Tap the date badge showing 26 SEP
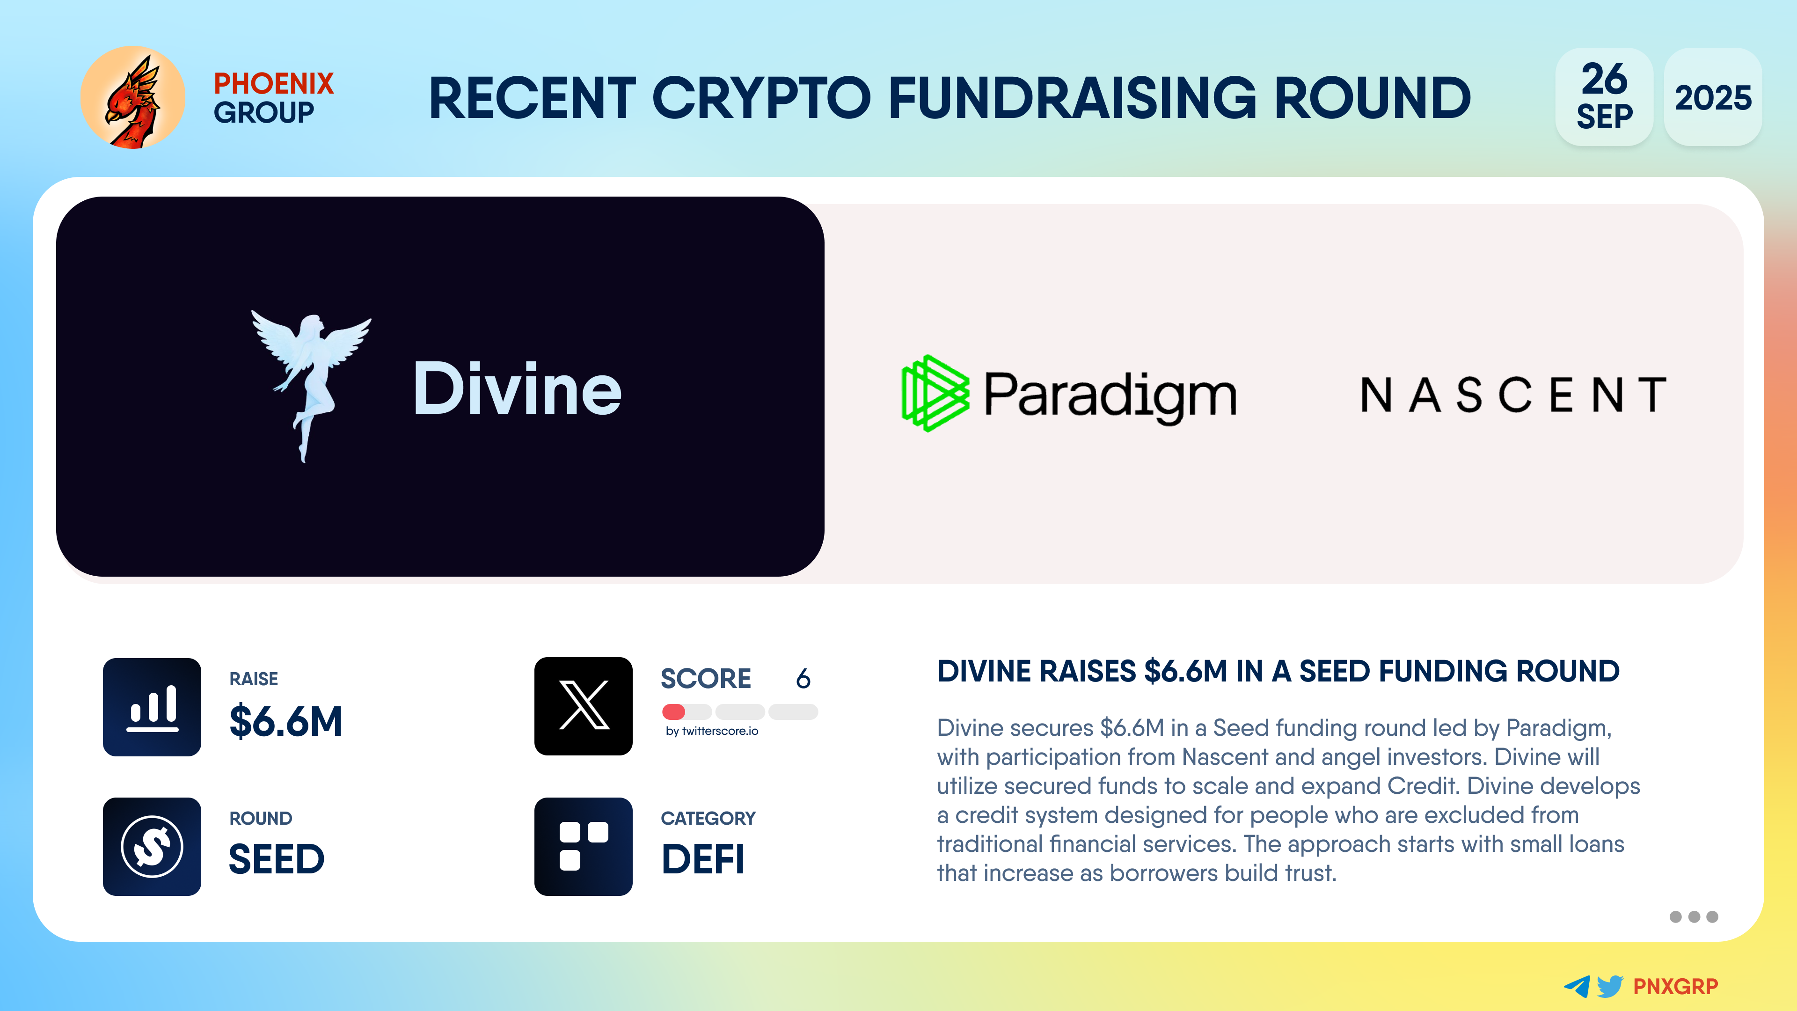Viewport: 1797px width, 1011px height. pyautogui.click(x=1604, y=97)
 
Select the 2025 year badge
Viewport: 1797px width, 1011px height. pyautogui.click(x=1713, y=97)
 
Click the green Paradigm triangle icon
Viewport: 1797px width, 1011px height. pyautogui.click(x=935, y=394)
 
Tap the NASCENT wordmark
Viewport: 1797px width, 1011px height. pyautogui.click(x=1513, y=395)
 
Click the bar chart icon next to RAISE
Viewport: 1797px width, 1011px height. pyautogui.click(x=152, y=707)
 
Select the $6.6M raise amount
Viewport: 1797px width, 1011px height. pyautogui.click(x=286, y=721)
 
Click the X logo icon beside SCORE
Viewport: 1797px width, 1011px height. pyautogui.click(x=583, y=706)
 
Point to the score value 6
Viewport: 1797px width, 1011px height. pyautogui.click(x=803, y=678)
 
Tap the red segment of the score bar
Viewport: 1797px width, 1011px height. pyautogui.click(x=674, y=711)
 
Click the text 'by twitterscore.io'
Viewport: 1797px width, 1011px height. pyautogui.click(x=711, y=731)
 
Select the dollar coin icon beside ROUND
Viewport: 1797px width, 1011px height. pyautogui.click(x=152, y=846)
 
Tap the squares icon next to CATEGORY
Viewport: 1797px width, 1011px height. pyautogui.click(x=583, y=846)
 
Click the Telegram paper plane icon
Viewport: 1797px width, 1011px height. pyautogui.click(x=1577, y=986)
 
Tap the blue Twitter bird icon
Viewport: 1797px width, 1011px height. pyautogui.click(x=1610, y=986)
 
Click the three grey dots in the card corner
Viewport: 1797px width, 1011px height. pyautogui.click(x=1694, y=917)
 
